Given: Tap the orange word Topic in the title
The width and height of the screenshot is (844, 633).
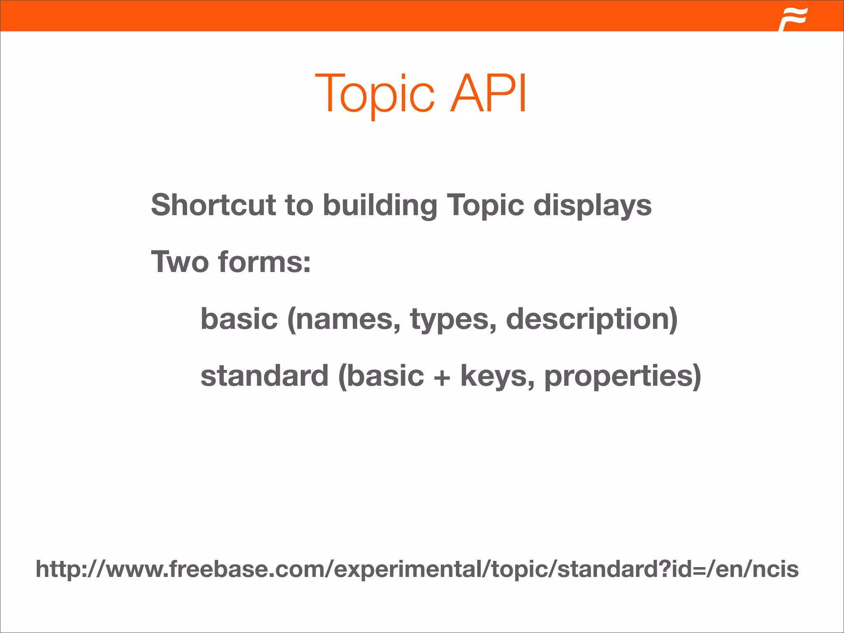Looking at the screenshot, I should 375,94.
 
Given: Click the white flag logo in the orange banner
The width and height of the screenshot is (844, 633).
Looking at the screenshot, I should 793,19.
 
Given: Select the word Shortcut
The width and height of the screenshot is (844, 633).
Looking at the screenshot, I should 213,205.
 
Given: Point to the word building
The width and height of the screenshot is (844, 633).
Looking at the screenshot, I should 380,206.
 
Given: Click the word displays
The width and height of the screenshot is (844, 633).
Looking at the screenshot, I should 592,206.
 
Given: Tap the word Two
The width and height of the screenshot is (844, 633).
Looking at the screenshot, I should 180,262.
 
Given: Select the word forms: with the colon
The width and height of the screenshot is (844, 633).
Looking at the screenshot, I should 264,262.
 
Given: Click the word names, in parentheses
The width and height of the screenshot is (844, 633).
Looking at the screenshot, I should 344,319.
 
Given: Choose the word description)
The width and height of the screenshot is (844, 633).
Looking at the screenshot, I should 592,319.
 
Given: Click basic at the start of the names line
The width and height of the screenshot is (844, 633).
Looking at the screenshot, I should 239,319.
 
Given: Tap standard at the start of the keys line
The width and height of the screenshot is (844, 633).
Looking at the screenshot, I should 264,376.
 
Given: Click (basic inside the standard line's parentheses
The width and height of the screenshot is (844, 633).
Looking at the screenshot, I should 381,376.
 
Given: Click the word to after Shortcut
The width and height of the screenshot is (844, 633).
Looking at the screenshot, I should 299,206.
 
